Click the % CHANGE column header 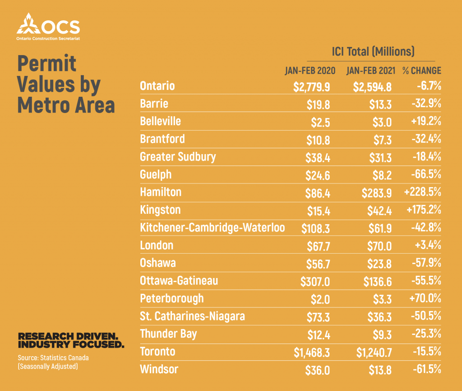[x=422, y=71]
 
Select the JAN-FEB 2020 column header [x=310, y=71]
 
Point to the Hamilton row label [x=161, y=192]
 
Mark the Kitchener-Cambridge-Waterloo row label [x=212, y=227]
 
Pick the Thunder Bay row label [x=168, y=334]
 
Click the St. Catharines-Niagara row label [x=192, y=316]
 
